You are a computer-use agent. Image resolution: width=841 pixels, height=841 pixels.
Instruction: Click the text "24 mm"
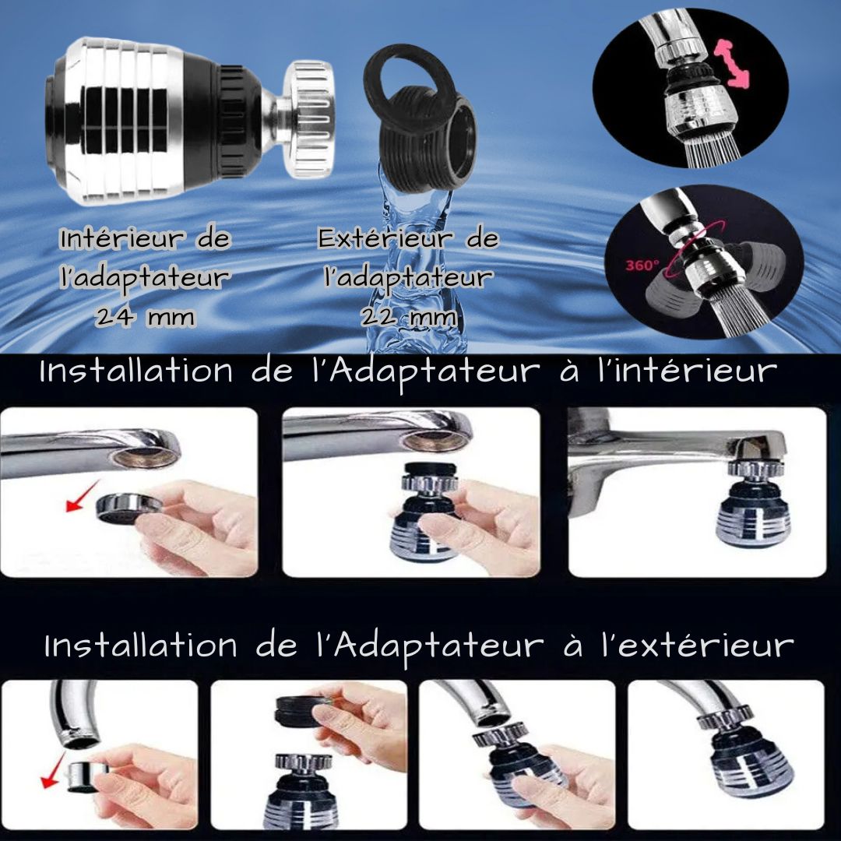coord(145,317)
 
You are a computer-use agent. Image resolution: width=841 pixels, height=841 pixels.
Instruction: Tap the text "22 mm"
coord(409,317)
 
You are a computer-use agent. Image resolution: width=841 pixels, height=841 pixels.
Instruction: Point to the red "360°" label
coord(642,265)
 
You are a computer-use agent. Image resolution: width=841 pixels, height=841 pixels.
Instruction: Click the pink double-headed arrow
coord(731,62)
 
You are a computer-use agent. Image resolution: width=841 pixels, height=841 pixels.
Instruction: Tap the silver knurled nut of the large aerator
coord(308,119)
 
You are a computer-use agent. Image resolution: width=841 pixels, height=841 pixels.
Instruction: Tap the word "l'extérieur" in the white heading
coord(697,646)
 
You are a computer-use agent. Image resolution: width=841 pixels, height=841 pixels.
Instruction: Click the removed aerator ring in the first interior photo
coord(128,509)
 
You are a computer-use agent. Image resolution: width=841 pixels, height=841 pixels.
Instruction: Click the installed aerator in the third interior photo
coord(753,499)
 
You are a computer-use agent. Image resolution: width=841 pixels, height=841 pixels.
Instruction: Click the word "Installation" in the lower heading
coord(140,646)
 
